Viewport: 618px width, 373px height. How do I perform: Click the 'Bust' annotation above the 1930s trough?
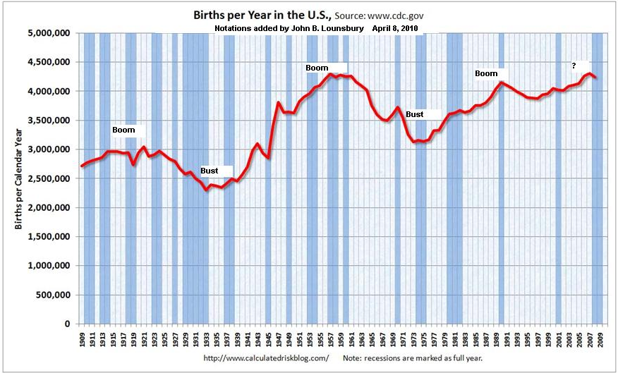tap(210, 171)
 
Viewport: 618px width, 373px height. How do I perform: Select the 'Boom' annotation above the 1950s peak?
tap(317, 68)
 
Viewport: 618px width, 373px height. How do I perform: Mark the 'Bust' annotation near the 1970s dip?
tap(415, 114)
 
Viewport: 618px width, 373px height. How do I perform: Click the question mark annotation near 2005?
tap(574, 66)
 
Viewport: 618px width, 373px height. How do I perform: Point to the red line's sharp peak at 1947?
tap(279, 103)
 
